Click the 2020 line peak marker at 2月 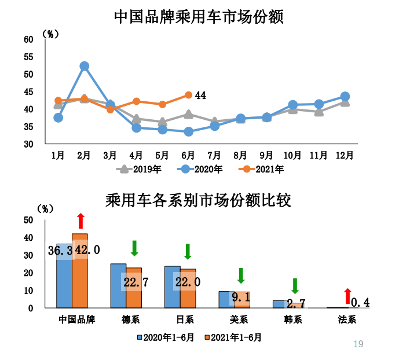84,67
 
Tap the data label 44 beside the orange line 200,95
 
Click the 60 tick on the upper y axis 28,39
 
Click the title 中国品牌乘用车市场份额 199,16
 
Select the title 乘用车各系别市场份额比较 199,200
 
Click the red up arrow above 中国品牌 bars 80,221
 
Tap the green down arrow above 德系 134,248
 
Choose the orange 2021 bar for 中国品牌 80,270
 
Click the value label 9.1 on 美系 241,298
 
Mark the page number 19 358,344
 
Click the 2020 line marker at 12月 345,97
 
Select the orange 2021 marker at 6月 188,95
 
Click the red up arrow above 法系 347,296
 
